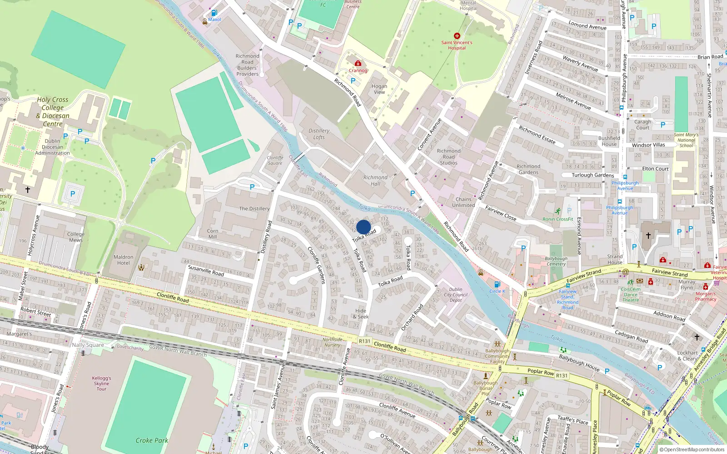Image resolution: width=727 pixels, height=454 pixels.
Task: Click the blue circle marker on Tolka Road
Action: pyautogui.click(x=363, y=227)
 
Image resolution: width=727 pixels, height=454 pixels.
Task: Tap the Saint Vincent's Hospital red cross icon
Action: pyautogui.click(x=457, y=36)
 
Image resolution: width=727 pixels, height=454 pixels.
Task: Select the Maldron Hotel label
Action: pyautogui.click(x=124, y=260)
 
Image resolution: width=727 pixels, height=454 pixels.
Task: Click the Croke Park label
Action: pyautogui.click(x=152, y=440)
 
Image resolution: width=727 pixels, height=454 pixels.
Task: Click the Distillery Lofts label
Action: pyautogui.click(x=319, y=134)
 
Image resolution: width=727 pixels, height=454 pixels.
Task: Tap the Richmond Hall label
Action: pyautogui.click(x=375, y=180)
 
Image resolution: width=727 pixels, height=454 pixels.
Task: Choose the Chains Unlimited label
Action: pyautogui.click(x=463, y=202)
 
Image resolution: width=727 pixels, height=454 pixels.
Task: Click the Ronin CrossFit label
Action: pyautogui.click(x=558, y=219)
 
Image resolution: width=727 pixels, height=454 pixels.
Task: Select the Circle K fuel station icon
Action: pyautogui.click(x=497, y=285)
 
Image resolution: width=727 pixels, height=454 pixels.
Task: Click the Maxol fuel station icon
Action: pyautogui.click(x=214, y=13)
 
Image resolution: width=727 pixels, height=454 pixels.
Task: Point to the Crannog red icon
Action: pyautogui.click(x=358, y=64)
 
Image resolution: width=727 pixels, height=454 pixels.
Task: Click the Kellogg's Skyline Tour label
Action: pyautogui.click(x=101, y=383)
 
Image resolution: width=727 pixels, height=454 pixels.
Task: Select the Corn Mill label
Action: pyautogui.click(x=213, y=233)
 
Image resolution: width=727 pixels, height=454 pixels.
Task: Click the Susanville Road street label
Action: pyautogui.click(x=206, y=271)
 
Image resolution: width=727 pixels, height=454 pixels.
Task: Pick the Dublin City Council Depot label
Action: pyautogui.click(x=456, y=295)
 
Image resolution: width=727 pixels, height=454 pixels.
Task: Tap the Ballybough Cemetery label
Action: pyautogui.click(x=556, y=261)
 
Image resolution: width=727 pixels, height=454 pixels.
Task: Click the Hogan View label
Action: pyautogui.click(x=379, y=89)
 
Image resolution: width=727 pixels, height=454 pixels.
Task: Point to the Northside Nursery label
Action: pyautogui.click(x=332, y=342)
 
